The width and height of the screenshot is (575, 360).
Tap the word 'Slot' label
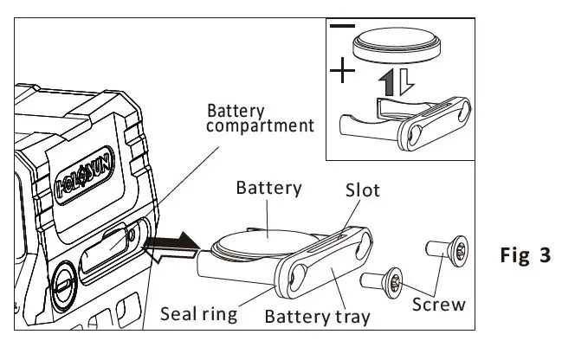[363, 190]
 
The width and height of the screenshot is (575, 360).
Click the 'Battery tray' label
[317, 316]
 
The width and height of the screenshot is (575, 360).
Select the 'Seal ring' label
[199, 312]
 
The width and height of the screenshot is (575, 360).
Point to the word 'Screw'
[438, 304]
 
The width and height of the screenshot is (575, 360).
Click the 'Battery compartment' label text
[260, 118]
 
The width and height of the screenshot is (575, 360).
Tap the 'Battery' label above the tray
[268, 188]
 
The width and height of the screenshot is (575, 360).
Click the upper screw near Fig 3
[448, 251]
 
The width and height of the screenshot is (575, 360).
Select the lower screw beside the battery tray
[382, 278]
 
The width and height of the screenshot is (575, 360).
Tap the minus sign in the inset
[343, 28]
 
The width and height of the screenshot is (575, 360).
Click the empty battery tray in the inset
[407, 122]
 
